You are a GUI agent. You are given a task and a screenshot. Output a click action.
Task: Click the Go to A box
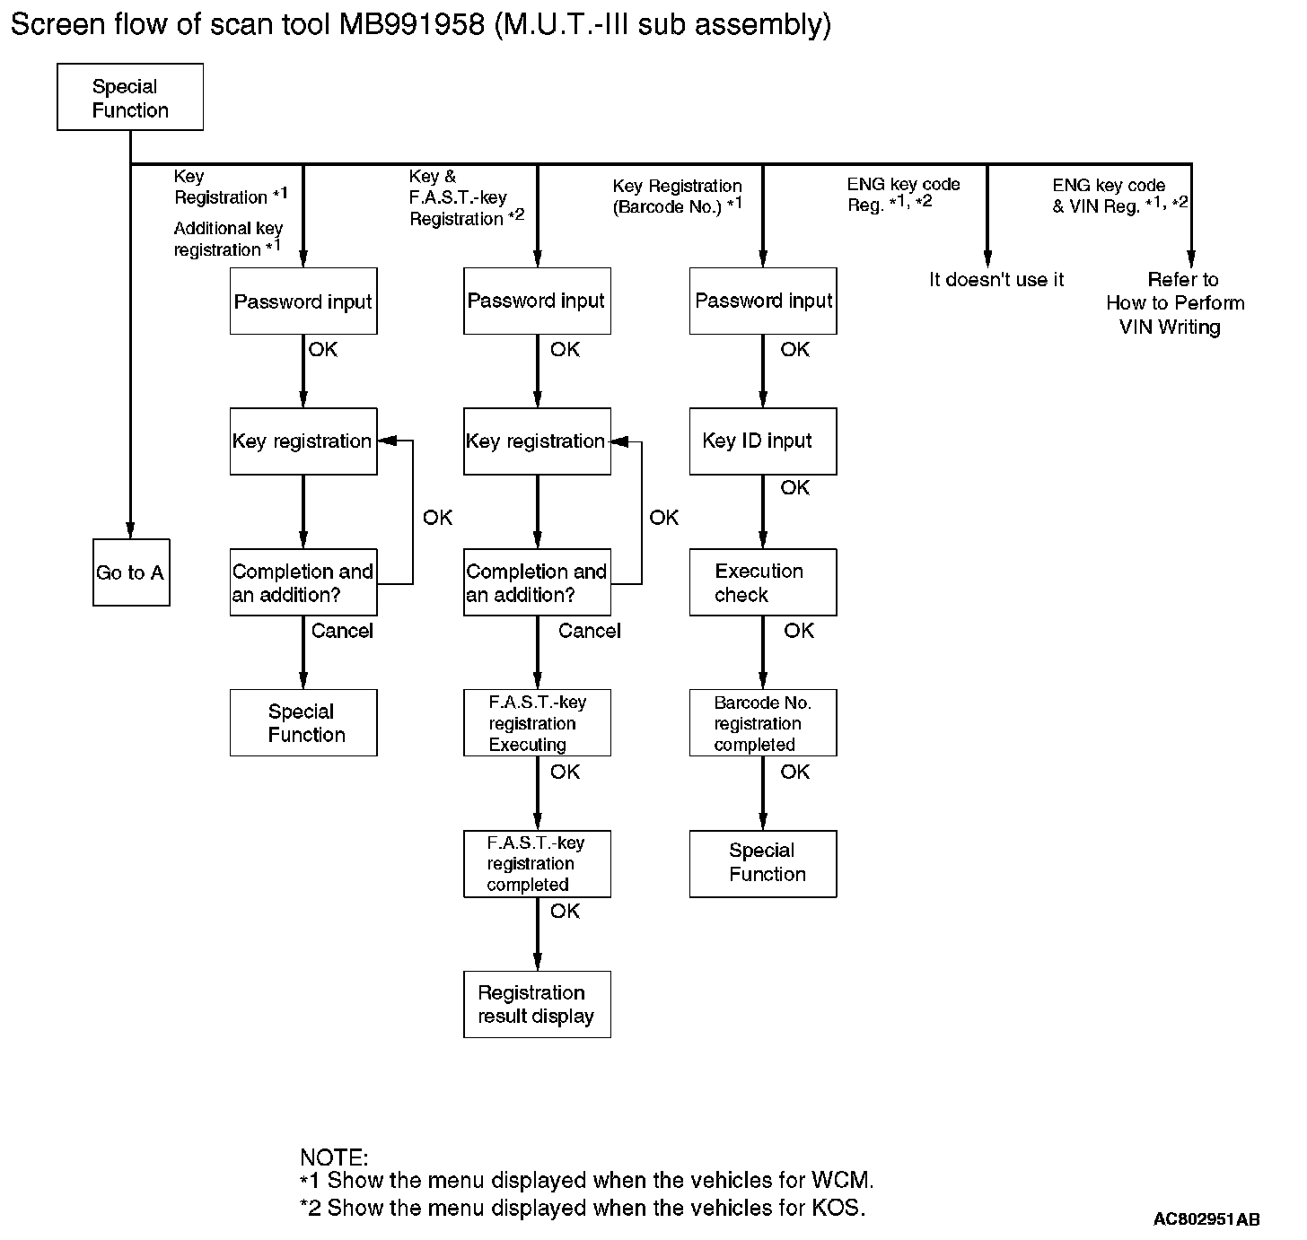[x=131, y=572]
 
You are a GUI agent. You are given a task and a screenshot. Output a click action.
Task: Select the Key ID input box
[x=762, y=441]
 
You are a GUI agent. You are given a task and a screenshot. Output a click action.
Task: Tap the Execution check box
[x=762, y=582]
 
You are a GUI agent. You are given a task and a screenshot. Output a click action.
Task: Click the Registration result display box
[x=537, y=1004]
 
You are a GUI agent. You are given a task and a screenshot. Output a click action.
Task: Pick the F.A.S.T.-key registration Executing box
[x=537, y=723]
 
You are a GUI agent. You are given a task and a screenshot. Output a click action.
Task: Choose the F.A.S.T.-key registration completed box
[x=537, y=863]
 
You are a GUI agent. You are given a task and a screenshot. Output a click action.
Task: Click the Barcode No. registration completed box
[x=762, y=723]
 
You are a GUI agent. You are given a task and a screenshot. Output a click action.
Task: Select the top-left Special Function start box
[x=130, y=98]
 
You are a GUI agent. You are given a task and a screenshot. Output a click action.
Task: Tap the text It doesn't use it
[x=996, y=280]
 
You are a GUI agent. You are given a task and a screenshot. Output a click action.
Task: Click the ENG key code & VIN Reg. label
[x=1119, y=196]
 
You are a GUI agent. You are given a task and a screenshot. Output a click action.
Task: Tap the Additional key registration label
[x=228, y=240]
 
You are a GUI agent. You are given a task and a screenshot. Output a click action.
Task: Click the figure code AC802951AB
[x=1206, y=1219]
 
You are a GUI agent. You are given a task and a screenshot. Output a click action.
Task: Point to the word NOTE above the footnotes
[x=333, y=1157]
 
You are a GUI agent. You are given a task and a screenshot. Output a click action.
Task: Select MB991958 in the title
[x=412, y=24]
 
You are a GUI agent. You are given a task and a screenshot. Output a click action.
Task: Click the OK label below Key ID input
[x=794, y=488]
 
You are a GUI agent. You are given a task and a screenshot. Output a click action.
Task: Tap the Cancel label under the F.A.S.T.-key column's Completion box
[x=589, y=632]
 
